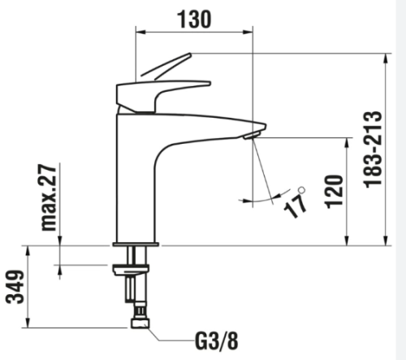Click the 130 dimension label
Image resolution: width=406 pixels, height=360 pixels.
[194, 20]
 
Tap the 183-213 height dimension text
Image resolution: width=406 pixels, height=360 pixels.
[373, 150]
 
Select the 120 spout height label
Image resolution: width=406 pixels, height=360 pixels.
[335, 192]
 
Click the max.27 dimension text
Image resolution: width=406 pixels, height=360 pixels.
[49, 197]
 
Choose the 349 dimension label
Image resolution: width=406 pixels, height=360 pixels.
[15, 287]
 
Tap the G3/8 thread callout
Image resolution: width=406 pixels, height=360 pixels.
[217, 341]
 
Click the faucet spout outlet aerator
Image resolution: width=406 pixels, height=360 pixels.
[252, 135]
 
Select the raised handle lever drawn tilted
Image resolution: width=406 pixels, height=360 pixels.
[166, 66]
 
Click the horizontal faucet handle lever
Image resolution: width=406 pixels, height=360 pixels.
[163, 96]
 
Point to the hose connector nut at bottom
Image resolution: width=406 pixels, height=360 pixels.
[140, 323]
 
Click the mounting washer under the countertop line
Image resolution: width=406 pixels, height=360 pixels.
[131, 270]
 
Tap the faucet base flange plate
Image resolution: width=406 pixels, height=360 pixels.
[136, 245]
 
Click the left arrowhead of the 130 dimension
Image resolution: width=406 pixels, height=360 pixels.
[140, 33]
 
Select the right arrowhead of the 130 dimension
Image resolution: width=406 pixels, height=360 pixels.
[248, 33]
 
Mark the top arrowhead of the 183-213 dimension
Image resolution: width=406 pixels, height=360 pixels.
[386, 59]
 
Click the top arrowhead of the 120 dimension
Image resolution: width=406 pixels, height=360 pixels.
[347, 143]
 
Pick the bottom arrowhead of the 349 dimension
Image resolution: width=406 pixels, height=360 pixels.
[28, 323]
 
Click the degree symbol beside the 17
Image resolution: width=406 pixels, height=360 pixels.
[302, 189]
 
